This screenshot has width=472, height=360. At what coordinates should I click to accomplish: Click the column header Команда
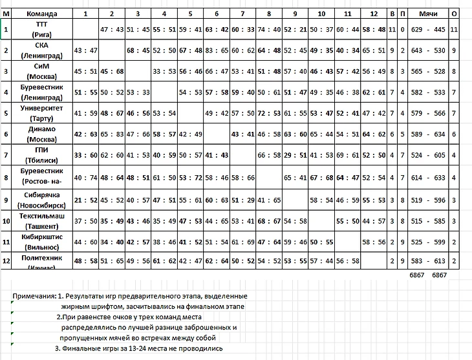tap(42, 13)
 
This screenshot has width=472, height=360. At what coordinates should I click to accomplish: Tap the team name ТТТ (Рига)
tap(42, 29)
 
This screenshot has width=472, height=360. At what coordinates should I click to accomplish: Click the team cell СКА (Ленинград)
tap(42, 50)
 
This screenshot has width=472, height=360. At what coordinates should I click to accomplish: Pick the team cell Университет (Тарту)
tap(42, 113)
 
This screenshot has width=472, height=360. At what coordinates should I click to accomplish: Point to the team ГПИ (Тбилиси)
tap(42, 155)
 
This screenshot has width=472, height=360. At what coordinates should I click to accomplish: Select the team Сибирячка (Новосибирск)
tap(42, 198)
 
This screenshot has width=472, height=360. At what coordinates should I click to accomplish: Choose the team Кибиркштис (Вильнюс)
tap(42, 241)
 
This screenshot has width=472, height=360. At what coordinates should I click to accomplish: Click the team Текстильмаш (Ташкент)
tap(42, 220)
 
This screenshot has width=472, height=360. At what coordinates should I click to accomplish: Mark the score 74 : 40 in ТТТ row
tap(269, 30)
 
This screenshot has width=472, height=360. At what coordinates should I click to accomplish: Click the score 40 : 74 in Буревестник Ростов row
tap(85, 177)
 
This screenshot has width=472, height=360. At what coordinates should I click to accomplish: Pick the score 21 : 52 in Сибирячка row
tap(85, 198)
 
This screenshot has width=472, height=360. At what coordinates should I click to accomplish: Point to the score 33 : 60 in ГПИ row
tap(85, 156)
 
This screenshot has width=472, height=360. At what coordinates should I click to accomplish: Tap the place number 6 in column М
tap(5, 134)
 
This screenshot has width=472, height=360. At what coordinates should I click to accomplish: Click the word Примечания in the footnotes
tap(32, 295)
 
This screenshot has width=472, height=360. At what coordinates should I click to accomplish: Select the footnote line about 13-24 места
tap(139, 348)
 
